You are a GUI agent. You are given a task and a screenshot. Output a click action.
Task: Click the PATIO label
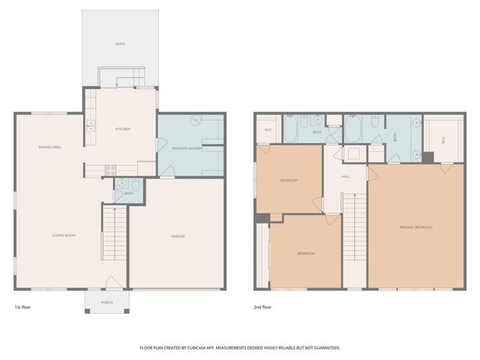click(120, 44)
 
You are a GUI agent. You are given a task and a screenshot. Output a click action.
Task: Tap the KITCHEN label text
click(122, 129)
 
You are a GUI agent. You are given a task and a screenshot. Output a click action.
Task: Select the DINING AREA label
click(49, 147)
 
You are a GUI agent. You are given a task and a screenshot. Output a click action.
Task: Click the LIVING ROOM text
click(64, 235)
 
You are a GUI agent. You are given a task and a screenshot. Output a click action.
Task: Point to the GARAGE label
click(177, 236)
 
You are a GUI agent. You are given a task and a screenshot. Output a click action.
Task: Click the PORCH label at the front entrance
click(106, 301)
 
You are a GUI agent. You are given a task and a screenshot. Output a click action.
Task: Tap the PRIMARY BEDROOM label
click(415, 226)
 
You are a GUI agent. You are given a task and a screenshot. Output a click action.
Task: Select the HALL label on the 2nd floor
click(346, 176)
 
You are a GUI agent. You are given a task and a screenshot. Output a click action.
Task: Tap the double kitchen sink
click(90, 126)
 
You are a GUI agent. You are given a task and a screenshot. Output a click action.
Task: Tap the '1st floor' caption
click(23, 307)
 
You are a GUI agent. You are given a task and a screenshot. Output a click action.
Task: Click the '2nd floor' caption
click(262, 307)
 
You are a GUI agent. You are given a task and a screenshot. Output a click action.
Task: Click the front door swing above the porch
click(111, 283)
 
